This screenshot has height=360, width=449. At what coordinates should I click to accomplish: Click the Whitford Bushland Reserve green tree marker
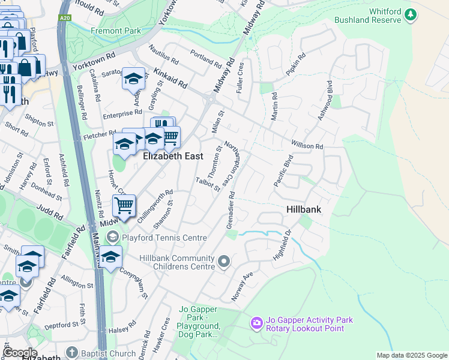411,14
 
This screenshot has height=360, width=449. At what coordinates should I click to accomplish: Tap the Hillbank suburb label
303,209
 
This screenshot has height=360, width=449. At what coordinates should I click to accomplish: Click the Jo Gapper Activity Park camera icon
257,323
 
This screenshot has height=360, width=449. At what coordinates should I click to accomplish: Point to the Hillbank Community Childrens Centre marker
224,261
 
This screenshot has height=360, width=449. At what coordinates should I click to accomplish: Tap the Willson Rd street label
307,145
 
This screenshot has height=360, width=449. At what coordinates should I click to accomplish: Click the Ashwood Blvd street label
325,103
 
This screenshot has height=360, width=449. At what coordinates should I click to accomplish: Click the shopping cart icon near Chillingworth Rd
124,206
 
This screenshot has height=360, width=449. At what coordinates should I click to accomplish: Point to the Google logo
19,353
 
